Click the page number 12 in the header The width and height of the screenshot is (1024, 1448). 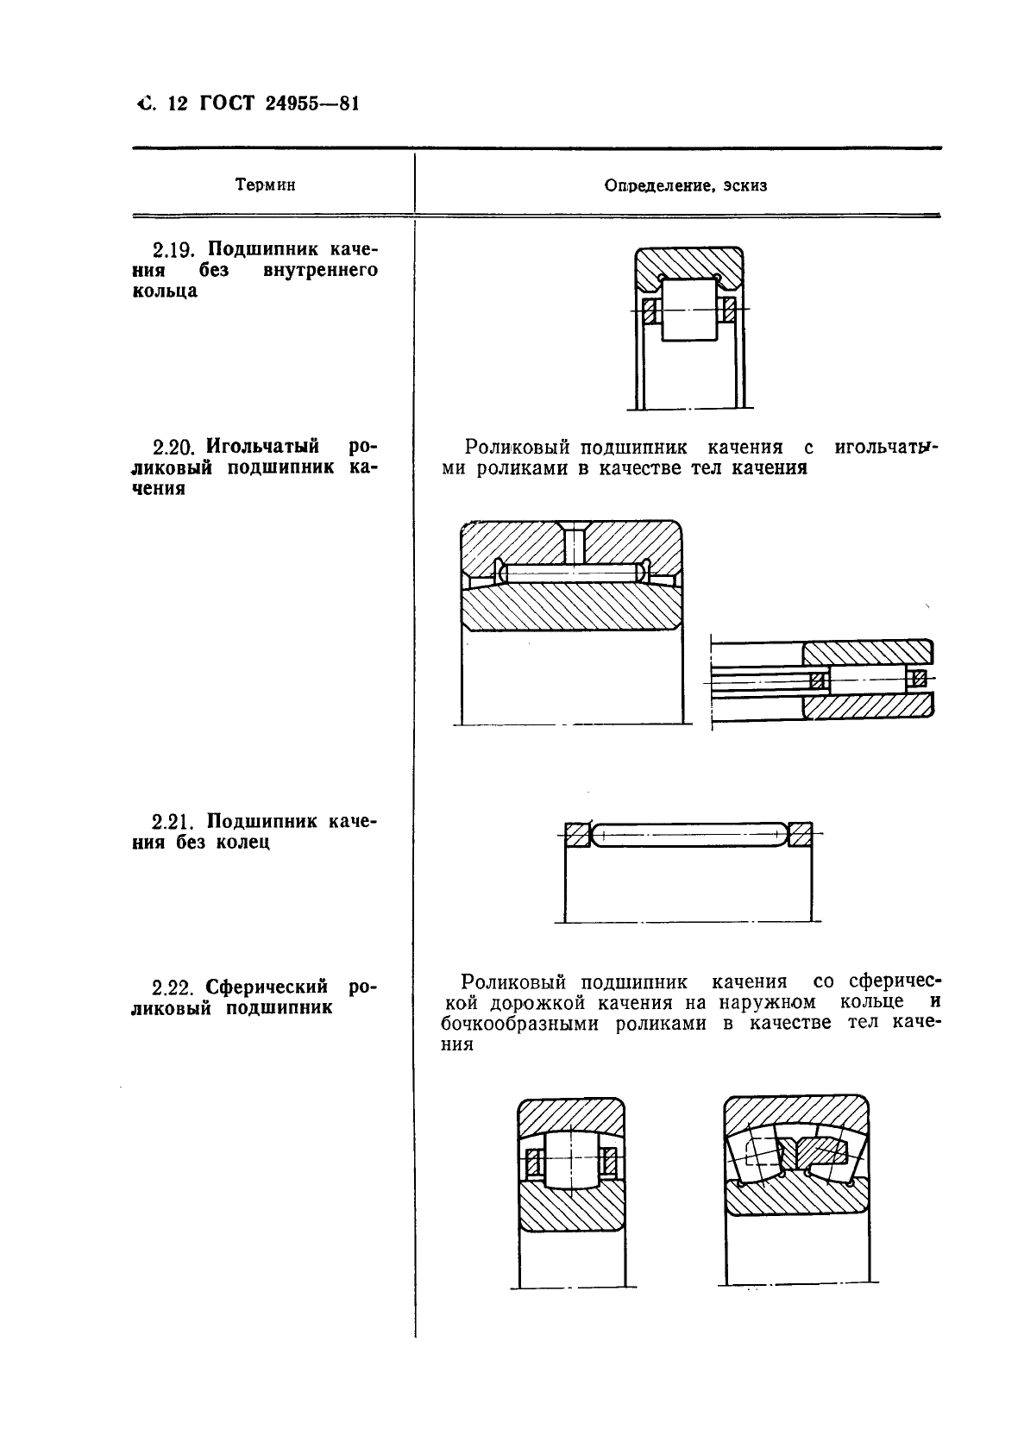click(x=178, y=103)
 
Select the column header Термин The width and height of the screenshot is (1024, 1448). click(x=264, y=185)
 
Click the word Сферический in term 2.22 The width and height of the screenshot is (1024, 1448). click(x=264, y=985)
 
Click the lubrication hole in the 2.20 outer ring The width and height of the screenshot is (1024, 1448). click(x=572, y=543)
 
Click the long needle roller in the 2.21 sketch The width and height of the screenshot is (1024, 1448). click(x=689, y=834)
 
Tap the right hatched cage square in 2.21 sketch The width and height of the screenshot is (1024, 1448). click(x=801, y=834)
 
